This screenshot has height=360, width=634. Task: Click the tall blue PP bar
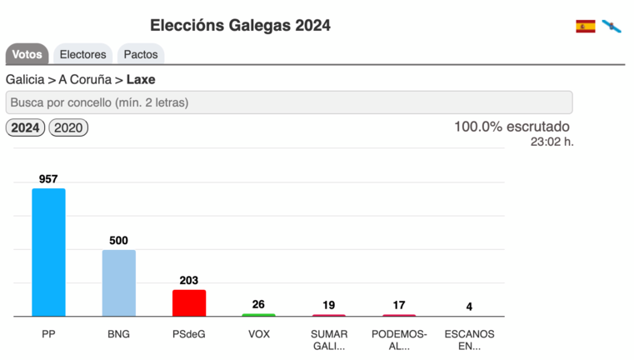click(x=48, y=252)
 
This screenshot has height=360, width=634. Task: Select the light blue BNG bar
click(x=118, y=283)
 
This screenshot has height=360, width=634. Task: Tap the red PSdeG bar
click(x=188, y=302)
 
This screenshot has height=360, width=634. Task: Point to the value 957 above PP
click(x=48, y=179)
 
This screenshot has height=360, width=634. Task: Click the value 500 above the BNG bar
click(x=118, y=241)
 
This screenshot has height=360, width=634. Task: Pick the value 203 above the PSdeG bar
click(x=188, y=281)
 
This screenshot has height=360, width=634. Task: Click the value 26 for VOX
click(x=258, y=305)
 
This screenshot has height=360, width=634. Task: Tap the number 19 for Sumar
click(x=328, y=305)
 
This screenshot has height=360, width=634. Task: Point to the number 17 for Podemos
click(x=398, y=305)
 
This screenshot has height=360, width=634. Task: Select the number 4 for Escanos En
click(x=469, y=307)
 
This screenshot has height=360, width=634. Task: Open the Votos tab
click(x=27, y=54)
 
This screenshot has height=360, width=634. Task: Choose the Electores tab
click(x=82, y=54)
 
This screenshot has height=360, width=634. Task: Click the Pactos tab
click(x=141, y=54)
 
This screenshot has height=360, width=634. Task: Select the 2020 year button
click(x=68, y=128)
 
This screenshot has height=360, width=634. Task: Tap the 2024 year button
click(x=25, y=128)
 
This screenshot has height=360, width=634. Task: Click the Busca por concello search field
click(x=288, y=102)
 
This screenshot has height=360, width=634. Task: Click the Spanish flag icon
click(x=586, y=26)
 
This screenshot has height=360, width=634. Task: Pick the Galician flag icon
click(x=612, y=26)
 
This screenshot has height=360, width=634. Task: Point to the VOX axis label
click(x=258, y=334)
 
